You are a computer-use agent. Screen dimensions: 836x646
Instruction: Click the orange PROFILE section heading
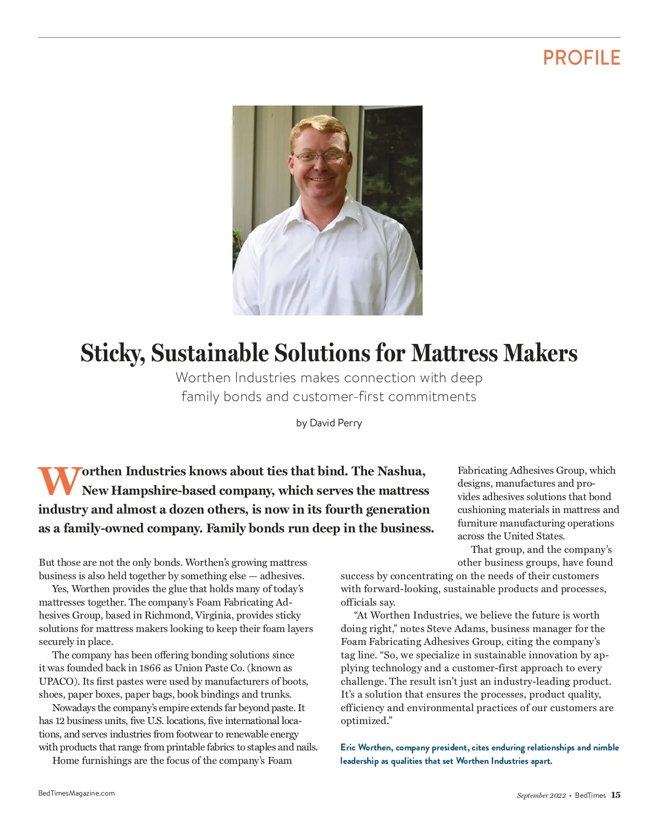pyautogui.click(x=581, y=58)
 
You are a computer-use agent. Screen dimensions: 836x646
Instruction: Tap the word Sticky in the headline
pyautogui.click(x=112, y=354)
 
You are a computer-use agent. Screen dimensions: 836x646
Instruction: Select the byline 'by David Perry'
pyautogui.click(x=329, y=423)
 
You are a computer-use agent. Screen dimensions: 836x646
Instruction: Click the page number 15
pyautogui.click(x=615, y=795)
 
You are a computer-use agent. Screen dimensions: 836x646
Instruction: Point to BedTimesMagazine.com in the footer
pyautogui.click(x=76, y=793)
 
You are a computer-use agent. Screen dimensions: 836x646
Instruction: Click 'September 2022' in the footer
pyautogui.click(x=541, y=796)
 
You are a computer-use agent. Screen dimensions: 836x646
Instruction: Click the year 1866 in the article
pyautogui.click(x=150, y=668)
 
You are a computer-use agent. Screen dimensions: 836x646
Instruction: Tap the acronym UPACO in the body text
pyautogui.click(x=55, y=682)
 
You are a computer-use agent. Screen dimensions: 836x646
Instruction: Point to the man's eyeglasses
pyautogui.click(x=319, y=157)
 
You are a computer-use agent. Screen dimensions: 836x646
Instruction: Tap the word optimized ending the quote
pyautogui.click(x=364, y=721)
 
